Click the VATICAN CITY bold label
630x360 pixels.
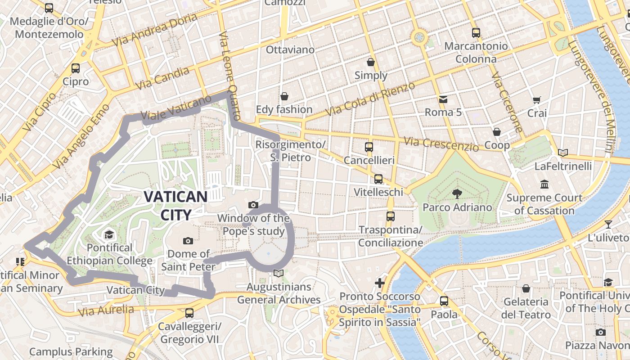(x=175, y=206)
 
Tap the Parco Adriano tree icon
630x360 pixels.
(x=457, y=194)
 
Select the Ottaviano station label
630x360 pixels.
(x=290, y=49)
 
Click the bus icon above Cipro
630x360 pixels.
(x=76, y=68)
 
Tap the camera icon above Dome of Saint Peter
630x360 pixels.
(x=188, y=241)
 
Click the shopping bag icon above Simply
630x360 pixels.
(x=371, y=62)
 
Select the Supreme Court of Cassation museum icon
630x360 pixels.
(x=544, y=184)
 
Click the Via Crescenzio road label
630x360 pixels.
(x=441, y=144)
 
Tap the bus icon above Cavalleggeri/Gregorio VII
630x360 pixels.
(x=189, y=313)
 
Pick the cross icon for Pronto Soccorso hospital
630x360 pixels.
(x=380, y=283)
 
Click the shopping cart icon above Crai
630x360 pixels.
(x=536, y=100)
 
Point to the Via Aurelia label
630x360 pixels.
(x=106, y=310)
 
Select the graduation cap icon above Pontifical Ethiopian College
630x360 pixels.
(x=109, y=234)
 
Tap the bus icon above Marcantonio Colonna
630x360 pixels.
(x=476, y=32)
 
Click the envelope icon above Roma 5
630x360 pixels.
(x=443, y=99)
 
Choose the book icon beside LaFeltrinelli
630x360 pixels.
(x=562, y=153)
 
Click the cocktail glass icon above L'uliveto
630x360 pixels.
(x=608, y=224)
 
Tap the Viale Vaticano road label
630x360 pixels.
(x=176, y=108)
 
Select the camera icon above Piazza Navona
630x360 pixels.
(x=600, y=332)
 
